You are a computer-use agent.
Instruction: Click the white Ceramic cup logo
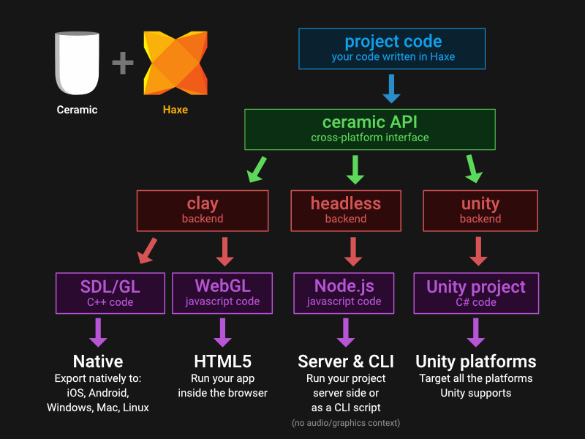(77, 63)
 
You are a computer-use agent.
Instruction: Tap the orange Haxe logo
(175, 63)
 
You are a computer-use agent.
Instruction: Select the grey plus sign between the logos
(123, 63)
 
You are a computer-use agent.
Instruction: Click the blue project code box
(392, 48)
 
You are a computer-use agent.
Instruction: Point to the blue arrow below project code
(391, 89)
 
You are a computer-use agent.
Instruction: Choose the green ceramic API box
(370, 130)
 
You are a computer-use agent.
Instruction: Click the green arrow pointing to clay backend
(257, 170)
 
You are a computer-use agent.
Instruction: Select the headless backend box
(346, 211)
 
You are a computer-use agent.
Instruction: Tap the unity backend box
(480, 211)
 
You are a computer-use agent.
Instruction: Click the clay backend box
(203, 211)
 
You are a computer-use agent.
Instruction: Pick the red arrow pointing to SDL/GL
(148, 251)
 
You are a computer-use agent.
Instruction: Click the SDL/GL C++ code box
(110, 293)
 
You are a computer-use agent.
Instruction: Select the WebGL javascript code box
(222, 293)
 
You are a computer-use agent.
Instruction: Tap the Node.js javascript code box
(344, 293)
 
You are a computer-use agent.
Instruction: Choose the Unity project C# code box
(476, 293)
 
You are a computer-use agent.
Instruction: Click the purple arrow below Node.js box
(346, 333)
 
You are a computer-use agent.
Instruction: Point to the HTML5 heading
(223, 361)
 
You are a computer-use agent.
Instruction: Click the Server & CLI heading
(346, 361)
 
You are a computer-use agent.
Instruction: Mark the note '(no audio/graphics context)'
(346, 423)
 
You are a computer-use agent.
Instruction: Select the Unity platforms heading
(476, 361)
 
